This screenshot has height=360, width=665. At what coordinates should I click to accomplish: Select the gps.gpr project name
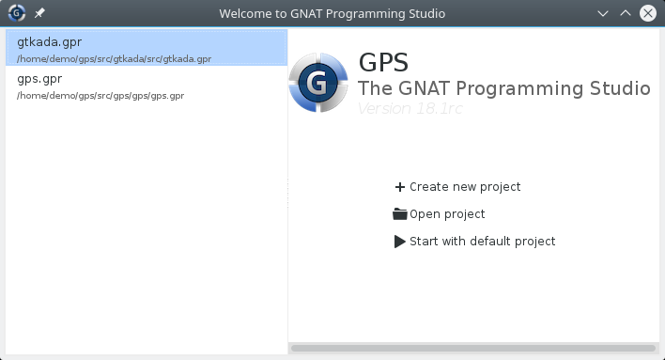(39, 79)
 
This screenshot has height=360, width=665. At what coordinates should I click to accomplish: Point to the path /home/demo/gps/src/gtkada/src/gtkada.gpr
(114, 58)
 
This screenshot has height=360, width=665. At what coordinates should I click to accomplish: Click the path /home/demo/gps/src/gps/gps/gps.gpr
(101, 96)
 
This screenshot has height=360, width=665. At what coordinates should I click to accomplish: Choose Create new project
(464, 187)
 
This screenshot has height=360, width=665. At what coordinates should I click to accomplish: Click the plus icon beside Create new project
(400, 187)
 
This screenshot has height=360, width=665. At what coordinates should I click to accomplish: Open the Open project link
(447, 214)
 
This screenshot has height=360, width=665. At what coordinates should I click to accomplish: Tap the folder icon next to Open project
(400, 214)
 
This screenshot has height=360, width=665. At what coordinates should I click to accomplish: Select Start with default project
(482, 242)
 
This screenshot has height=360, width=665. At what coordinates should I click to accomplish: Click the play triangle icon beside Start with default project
(400, 242)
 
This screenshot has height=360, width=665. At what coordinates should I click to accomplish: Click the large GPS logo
(319, 83)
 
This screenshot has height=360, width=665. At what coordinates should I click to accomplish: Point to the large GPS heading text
(383, 63)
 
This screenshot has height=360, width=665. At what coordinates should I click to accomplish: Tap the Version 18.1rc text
(410, 108)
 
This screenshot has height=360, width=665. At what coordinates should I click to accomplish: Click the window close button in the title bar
(648, 14)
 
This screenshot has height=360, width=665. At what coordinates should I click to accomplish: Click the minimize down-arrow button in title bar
(603, 14)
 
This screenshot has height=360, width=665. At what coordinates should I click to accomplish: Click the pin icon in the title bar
(39, 14)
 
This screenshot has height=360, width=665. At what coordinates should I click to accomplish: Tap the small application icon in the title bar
(16, 14)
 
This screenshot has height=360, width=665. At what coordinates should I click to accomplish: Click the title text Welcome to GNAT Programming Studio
(332, 14)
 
